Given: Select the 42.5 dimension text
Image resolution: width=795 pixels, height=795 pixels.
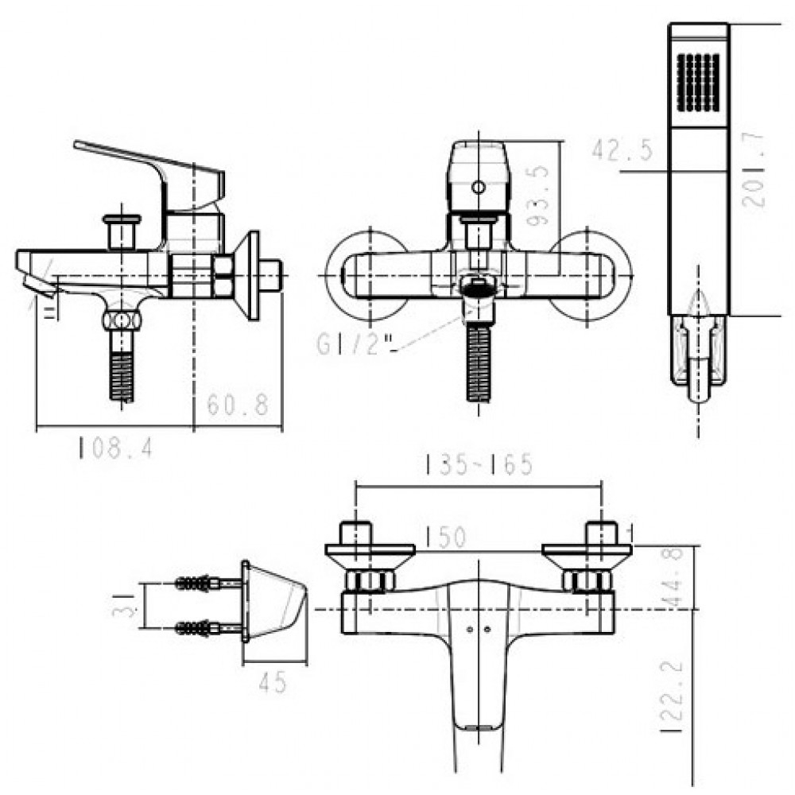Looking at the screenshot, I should pos(622,149).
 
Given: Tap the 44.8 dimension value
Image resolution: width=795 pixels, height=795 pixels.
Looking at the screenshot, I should pos(676,578).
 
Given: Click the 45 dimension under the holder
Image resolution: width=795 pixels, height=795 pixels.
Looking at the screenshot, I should pos(273,682).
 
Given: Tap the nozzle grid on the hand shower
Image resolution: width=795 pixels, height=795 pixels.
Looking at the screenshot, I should pos(698,82).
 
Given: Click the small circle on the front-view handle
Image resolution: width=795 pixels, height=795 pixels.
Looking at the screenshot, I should pos(478,188).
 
